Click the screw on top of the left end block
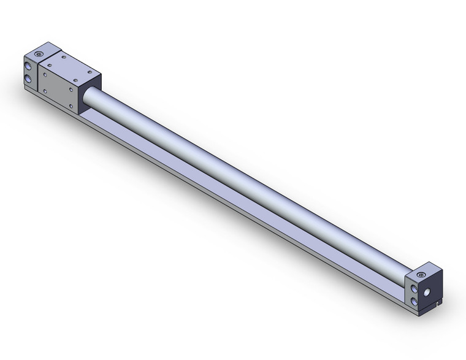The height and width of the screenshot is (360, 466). (39, 54)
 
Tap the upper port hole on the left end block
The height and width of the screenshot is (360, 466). (28, 66)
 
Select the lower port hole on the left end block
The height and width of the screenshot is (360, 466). (28, 79)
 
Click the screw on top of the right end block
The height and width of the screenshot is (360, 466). (421, 275)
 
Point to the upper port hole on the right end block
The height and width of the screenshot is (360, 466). (414, 288)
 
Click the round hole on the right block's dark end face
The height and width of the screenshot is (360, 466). (427, 292)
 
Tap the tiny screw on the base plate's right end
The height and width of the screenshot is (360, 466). (438, 304)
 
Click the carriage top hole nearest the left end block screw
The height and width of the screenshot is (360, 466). (50, 66)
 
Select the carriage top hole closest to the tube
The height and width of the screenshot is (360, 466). (75, 80)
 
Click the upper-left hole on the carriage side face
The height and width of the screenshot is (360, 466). (45, 75)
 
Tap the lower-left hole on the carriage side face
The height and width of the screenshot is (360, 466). (45, 91)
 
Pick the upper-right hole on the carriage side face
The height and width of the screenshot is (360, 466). (71, 90)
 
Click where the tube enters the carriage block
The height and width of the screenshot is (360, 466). (86, 98)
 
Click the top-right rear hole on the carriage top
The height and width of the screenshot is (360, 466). (90, 72)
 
